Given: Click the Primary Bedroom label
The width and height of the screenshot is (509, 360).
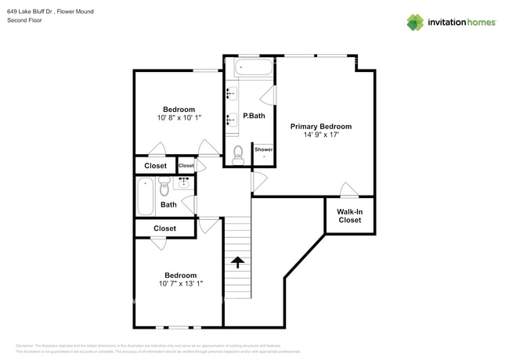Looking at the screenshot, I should click(x=320, y=126).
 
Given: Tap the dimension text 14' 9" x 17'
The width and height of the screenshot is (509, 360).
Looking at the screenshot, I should click(x=320, y=135).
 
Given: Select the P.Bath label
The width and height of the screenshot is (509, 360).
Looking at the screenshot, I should click(x=254, y=116).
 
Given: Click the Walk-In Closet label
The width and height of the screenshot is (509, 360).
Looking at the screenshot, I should click(x=349, y=215).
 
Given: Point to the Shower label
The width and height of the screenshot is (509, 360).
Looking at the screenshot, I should click(x=263, y=149).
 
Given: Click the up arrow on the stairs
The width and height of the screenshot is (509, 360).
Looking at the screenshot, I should click(x=237, y=262).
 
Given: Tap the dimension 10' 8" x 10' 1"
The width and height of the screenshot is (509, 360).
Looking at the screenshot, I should click(x=179, y=118).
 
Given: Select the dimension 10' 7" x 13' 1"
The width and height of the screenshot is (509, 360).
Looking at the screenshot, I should click(x=180, y=284).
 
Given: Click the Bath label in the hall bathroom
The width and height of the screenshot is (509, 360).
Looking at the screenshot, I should click(x=168, y=205).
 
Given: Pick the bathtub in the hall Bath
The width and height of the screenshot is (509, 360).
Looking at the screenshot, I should click(x=146, y=196).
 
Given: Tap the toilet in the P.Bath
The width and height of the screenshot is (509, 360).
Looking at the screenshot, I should click(x=239, y=157).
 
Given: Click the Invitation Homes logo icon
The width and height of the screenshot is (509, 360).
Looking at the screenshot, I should click(x=414, y=23).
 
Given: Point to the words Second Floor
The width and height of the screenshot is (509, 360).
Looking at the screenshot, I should click(x=24, y=20).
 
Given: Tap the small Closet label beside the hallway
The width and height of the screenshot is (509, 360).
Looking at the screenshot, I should click(x=186, y=166).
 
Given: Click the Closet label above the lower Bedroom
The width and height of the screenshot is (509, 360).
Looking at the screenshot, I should click(x=164, y=229).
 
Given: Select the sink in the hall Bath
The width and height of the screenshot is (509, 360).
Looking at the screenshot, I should click(x=185, y=183).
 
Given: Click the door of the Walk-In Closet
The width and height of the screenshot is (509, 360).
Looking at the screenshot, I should click(x=349, y=191).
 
